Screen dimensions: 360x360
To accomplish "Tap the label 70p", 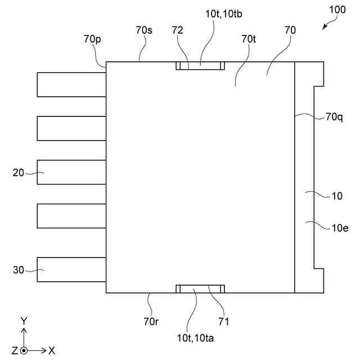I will [92, 39].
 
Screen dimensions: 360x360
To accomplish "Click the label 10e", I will [340, 227].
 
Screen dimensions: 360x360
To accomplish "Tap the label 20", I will [19, 173].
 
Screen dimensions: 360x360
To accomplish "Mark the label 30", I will [19, 270].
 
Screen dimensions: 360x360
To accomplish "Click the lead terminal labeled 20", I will [71, 172].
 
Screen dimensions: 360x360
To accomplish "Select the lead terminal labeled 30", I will [71, 269].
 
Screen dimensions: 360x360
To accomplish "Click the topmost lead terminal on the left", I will [71, 84].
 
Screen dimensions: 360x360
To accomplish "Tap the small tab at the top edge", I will [200, 66].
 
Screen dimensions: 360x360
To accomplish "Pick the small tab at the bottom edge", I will [200, 289].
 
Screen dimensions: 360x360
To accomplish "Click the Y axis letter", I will [24, 321].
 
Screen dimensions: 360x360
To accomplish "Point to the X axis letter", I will [51, 350].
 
